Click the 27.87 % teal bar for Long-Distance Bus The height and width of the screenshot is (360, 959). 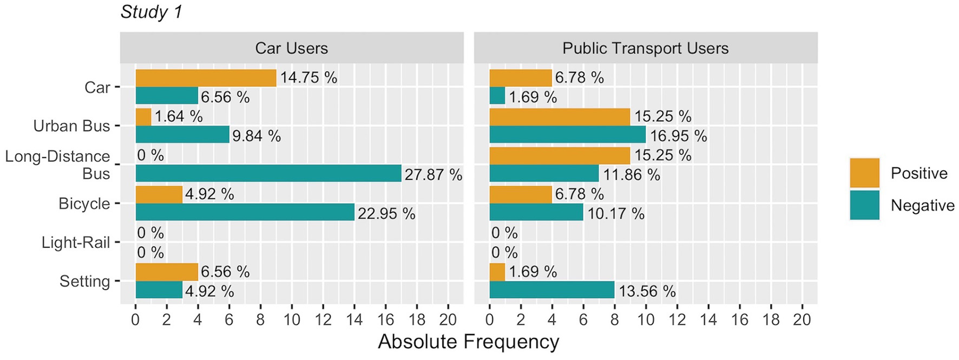click(268, 174)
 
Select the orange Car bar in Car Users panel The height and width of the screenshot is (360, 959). click(206, 78)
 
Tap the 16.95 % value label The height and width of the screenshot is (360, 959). click(678, 136)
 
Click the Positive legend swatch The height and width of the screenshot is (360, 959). click(864, 173)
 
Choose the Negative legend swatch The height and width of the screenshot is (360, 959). click(864, 205)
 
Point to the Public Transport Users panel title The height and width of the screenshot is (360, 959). click(645, 48)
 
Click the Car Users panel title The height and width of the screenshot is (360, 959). click(291, 48)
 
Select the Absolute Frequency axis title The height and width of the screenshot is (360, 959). click(468, 342)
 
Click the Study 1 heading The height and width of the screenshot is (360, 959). click(151, 12)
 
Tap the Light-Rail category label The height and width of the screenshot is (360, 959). click(76, 243)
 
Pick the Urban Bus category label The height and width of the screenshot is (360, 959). click(71, 126)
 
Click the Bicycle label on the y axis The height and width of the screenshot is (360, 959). click(84, 204)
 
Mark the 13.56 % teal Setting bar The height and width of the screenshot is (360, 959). click(551, 290)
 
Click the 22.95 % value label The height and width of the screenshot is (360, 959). click(386, 214)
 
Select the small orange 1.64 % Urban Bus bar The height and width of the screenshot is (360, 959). click(143, 117)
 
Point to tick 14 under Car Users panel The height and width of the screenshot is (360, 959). click(354, 320)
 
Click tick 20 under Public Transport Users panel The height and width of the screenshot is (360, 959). click(802, 320)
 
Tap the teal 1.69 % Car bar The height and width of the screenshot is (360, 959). click(497, 96)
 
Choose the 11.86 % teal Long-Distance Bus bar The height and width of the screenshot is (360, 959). click(543, 174)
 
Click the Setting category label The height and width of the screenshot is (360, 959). click(84, 282)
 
